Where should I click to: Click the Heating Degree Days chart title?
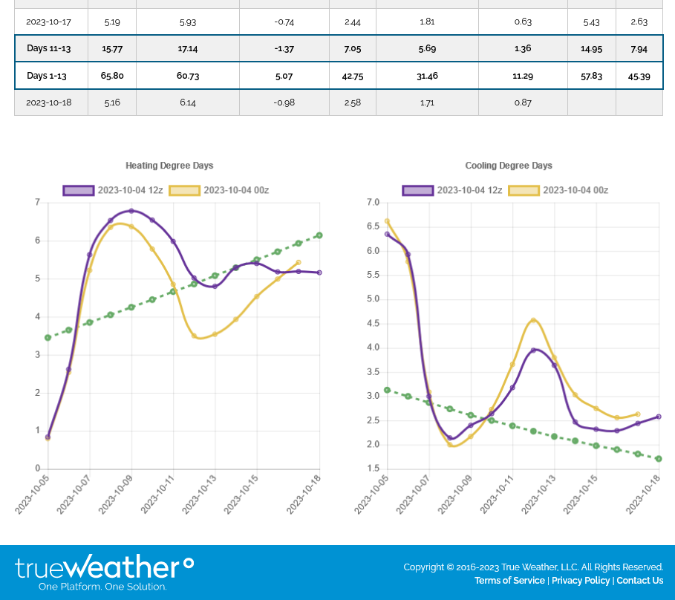(169, 166)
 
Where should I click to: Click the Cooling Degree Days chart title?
(509, 166)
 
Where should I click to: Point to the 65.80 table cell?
(112, 76)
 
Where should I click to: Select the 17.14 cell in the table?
(188, 48)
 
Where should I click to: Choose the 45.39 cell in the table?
(639, 76)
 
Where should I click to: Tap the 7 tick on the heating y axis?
(37, 202)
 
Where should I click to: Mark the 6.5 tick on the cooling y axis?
(373, 226)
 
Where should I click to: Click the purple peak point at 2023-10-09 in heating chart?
(131, 211)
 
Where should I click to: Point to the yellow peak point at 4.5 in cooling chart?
(533, 321)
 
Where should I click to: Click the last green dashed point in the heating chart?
(319, 235)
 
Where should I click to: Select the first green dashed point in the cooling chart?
(387, 390)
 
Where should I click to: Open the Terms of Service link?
(509, 581)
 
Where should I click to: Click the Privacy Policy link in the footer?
(581, 581)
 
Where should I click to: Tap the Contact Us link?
(639, 581)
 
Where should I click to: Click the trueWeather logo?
(104, 570)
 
